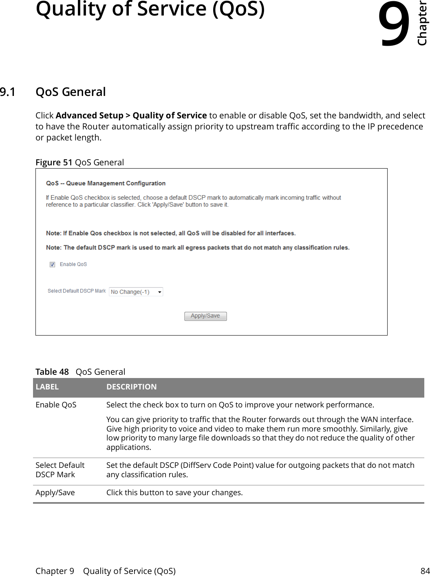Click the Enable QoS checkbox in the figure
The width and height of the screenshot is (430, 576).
tap(53, 265)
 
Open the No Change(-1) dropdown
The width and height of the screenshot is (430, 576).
tap(136, 292)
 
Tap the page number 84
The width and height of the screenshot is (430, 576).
tap(425, 571)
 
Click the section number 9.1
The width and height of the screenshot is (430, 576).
tap(8, 92)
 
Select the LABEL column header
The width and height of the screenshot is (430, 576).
tap(47, 387)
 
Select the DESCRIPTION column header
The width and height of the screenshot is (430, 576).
tap(131, 387)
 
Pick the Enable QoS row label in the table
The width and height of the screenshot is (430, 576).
tap(56, 405)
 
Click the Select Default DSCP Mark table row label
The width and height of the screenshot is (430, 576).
tap(60, 470)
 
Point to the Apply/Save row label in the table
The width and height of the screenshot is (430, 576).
tap(55, 493)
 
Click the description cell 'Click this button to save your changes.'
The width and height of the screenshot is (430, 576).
tap(174, 493)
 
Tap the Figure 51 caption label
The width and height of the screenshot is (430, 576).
tap(54, 162)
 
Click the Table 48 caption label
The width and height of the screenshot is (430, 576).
tap(52, 372)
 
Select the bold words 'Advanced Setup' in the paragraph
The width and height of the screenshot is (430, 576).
tap(89, 116)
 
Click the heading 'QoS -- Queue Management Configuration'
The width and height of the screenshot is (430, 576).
tap(106, 183)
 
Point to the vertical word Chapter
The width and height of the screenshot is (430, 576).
tap(422, 24)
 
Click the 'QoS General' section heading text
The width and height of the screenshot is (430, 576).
tap(71, 92)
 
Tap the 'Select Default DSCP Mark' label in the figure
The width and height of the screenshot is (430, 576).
tap(77, 291)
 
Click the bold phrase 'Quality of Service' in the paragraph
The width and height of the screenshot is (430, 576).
tap(170, 116)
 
